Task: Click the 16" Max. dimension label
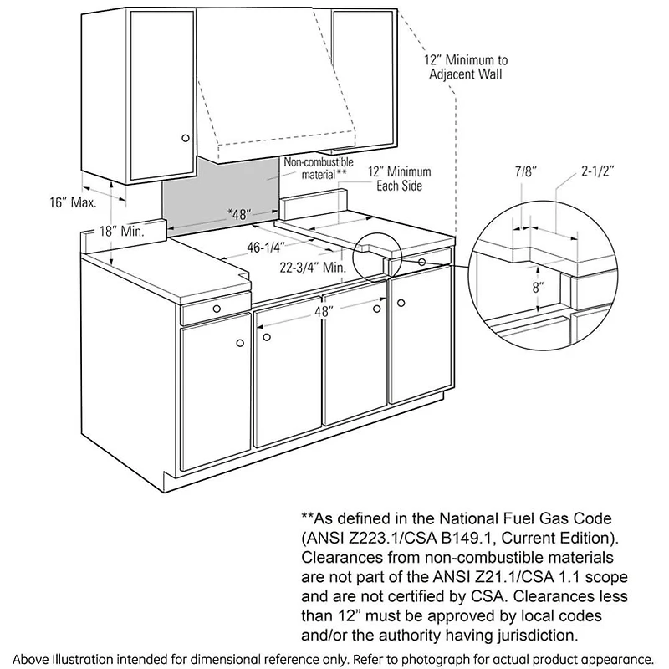pyautogui.click(x=73, y=202)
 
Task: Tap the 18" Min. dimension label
pyautogui.click(x=121, y=231)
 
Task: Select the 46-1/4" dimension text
pyautogui.click(x=266, y=247)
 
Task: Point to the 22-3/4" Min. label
pyautogui.click(x=311, y=268)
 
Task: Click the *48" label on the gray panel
pyautogui.click(x=239, y=215)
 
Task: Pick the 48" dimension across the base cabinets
pyautogui.click(x=324, y=310)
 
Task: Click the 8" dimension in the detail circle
pyautogui.click(x=538, y=287)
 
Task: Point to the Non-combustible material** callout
pyautogui.click(x=319, y=167)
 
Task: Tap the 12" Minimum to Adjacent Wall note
pyautogui.click(x=466, y=67)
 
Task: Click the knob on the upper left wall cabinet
pyautogui.click(x=186, y=137)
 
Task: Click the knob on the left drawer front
pyautogui.click(x=217, y=309)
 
